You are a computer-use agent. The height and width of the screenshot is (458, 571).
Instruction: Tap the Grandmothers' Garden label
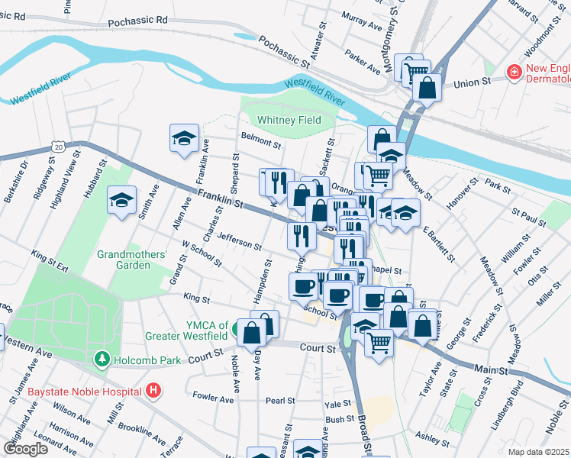(x=132, y=260)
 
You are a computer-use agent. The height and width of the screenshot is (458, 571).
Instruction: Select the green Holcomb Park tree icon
(x=101, y=358)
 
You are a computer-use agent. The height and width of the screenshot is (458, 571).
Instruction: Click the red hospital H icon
(x=153, y=391)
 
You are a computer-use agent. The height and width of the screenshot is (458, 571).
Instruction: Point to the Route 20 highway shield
(x=58, y=144)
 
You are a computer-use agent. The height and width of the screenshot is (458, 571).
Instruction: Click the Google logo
(x=25, y=448)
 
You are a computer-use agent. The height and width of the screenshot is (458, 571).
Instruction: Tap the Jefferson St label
(x=239, y=241)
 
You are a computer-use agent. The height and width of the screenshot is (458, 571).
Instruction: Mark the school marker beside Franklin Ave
(x=184, y=138)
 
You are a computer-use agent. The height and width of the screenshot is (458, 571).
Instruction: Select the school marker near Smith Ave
(x=121, y=200)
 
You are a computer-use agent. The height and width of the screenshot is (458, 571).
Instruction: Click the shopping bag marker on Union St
(x=427, y=86)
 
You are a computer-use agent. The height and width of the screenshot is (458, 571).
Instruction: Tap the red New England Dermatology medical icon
(x=515, y=73)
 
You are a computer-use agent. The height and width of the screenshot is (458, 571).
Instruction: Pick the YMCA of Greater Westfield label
(x=187, y=328)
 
